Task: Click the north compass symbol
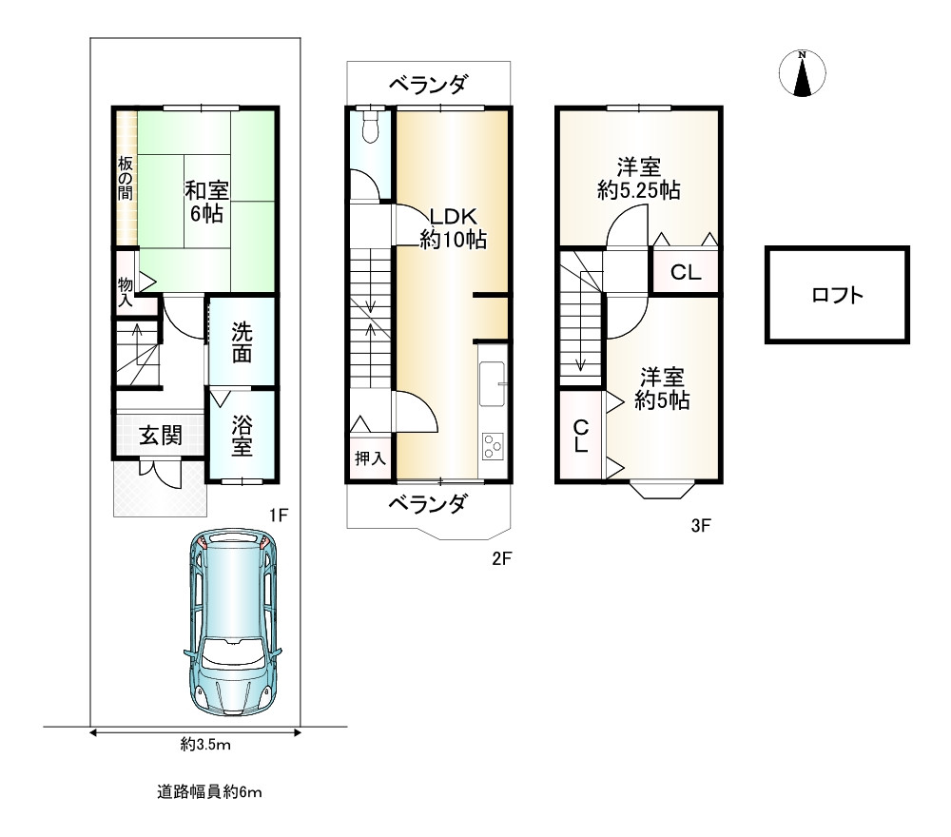pyautogui.click(x=802, y=73)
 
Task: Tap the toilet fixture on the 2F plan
pyautogui.click(x=369, y=125)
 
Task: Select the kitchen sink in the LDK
pyautogui.click(x=492, y=384)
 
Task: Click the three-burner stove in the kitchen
pyautogui.click(x=492, y=447)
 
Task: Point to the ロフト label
pyautogui.click(x=837, y=296)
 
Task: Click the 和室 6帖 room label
pyautogui.click(x=206, y=202)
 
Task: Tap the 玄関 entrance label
pyautogui.click(x=161, y=436)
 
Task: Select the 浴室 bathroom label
pyautogui.click(x=242, y=436)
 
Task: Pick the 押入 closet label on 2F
pyautogui.click(x=370, y=457)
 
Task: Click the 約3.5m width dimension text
pyautogui.click(x=205, y=744)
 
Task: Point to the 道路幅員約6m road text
pyautogui.click(x=209, y=792)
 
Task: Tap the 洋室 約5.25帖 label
pyautogui.click(x=639, y=178)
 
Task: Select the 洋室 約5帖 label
pyautogui.click(x=662, y=389)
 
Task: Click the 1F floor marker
pyautogui.click(x=279, y=516)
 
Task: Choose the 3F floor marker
pyautogui.click(x=701, y=525)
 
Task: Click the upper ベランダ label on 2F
pyautogui.click(x=428, y=84)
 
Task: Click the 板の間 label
pyautogui.click(x=126, y=178)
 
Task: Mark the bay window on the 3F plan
pyautogui.click(x=662, y=490)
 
